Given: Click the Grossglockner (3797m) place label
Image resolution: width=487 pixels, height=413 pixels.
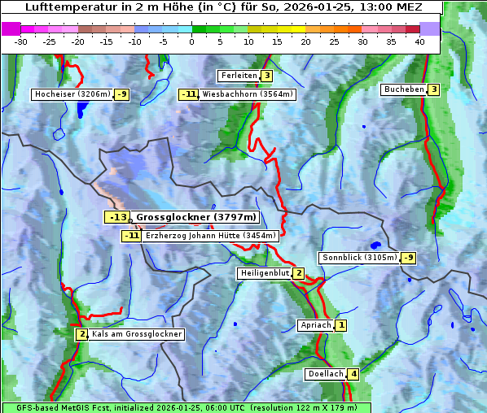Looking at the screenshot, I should pos(196,217).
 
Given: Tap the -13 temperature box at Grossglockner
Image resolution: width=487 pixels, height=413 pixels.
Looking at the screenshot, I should pos(117,217).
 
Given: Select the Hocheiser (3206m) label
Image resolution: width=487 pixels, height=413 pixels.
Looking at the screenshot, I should pos(72,94).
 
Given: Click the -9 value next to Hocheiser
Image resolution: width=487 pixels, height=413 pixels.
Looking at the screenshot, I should pos(122,94).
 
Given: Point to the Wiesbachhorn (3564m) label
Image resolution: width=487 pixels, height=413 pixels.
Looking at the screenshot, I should pos(248,94).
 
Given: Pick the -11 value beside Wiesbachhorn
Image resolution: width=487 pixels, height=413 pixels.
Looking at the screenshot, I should pos(189,94).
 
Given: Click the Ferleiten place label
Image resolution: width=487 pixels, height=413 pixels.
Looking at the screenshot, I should pos(239,76).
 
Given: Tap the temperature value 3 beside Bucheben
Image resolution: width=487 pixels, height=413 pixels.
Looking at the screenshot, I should pos(434,89).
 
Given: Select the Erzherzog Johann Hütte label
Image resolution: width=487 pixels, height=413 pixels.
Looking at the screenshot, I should pos(211,236).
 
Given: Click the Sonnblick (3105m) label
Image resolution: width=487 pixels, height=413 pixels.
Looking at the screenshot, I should pos(359,258).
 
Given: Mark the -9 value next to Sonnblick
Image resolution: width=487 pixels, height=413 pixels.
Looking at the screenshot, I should pos(409,258).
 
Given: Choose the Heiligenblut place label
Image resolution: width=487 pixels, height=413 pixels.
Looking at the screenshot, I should pos(264,273).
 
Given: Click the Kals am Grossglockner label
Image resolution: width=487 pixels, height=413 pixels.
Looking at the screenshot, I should pos(137,334).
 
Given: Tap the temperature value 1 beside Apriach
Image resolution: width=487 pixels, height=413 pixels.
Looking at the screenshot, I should pos(341,325).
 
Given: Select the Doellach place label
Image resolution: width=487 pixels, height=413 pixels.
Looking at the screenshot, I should pos(325,375).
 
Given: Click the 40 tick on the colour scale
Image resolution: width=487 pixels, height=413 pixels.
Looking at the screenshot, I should pos(419,41).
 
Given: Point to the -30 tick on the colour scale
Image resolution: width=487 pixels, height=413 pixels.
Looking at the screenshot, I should pos(21,41).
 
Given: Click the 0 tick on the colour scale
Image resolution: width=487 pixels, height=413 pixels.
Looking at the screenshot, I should pos(192,41).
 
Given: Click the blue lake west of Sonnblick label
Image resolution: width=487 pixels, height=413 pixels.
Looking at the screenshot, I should pos(375,244).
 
